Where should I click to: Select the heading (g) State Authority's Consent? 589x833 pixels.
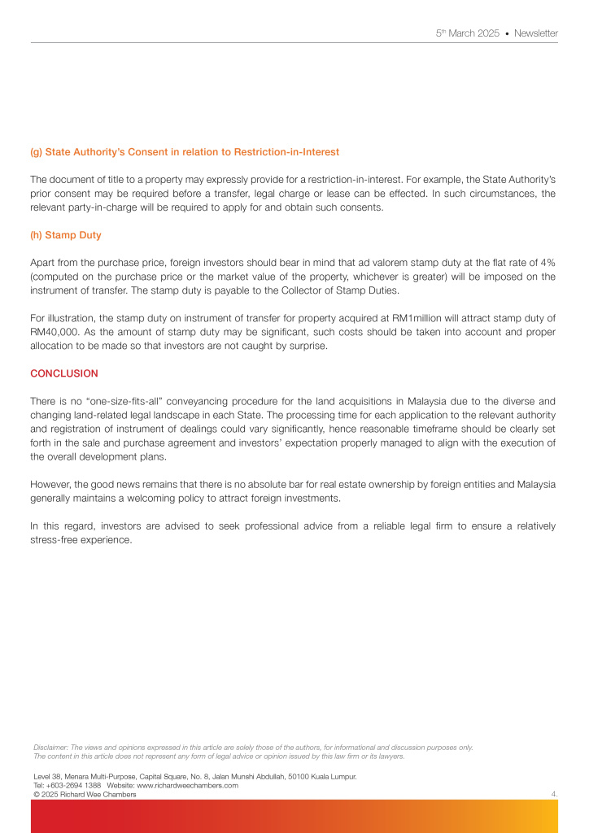[x=185, y=152]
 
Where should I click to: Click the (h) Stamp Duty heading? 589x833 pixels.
[x=66, y=235]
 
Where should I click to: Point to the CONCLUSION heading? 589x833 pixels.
[x=64, y=373]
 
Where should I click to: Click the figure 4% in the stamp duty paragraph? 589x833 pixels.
[x=547, y=263]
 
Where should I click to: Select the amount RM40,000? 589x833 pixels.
[x=55, y=332]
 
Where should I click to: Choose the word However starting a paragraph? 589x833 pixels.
[x=51, y=484]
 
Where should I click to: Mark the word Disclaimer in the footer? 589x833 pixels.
[x=50, y=747]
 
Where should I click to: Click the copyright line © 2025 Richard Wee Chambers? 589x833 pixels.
[x=85, y=794]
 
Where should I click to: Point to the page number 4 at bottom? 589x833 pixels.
[x=553, y=794]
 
